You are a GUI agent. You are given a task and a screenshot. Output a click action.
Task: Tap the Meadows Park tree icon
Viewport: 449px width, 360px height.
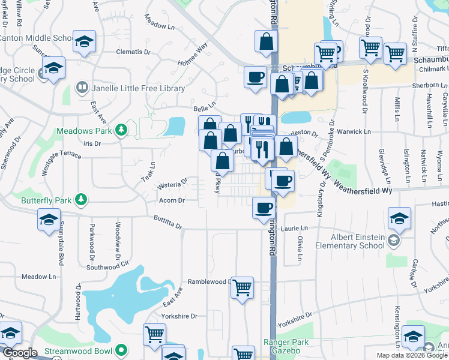point(121,130)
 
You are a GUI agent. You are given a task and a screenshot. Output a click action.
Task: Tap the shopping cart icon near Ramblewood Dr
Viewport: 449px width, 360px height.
point(243,288)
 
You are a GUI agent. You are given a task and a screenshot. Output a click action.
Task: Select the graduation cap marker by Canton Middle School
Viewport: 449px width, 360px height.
point(85,42)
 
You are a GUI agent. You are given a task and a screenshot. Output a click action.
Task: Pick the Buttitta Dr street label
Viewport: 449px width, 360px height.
point(167,223)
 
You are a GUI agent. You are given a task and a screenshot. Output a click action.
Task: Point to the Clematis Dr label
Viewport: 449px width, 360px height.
point(132,52)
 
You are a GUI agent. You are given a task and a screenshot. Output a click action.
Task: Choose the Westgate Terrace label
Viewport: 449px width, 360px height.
point(62,155)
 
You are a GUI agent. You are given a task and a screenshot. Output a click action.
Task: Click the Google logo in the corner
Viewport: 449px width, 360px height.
point(20,353)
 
